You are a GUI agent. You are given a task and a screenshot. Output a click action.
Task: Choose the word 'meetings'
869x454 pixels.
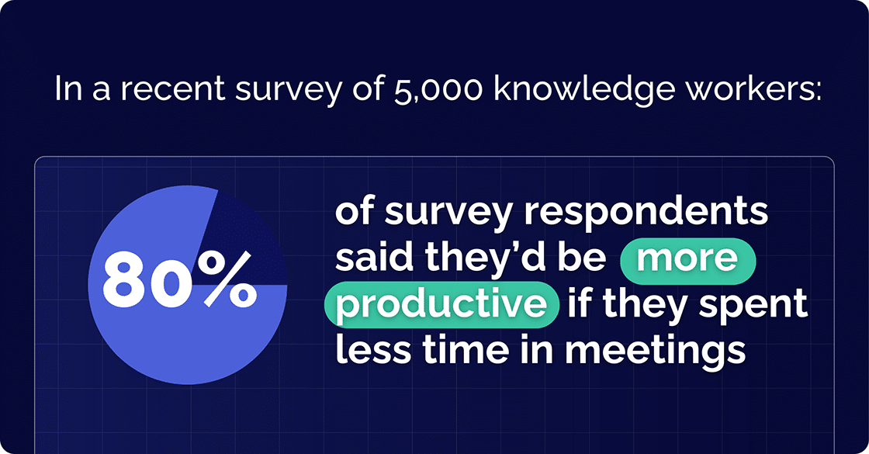654,350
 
